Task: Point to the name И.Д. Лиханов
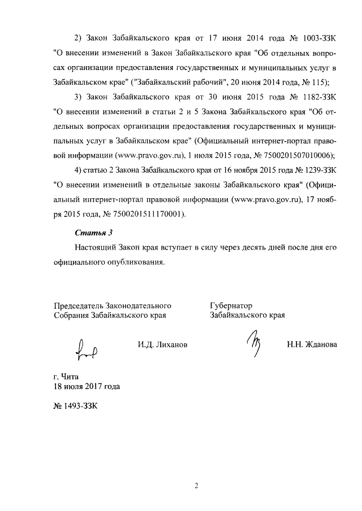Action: tap(162, 344)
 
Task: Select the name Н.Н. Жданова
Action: tap(311, 344)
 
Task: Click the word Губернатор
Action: tap(230, 305)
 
